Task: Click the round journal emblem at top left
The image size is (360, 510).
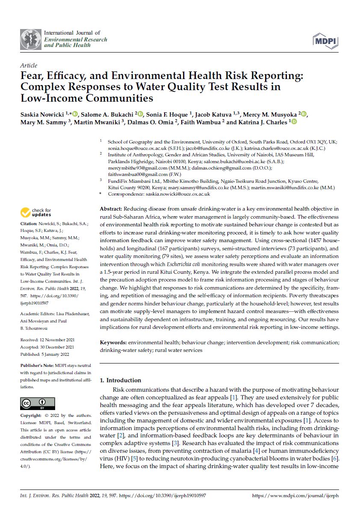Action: coord(31,39)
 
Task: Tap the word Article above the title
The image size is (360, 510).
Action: coord(28,65)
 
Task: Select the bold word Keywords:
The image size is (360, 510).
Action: coord(113,343)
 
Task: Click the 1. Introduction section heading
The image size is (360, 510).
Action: coord(120,380)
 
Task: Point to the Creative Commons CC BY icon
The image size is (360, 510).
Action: coord(38,404)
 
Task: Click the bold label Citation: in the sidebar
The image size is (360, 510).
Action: coord(28,224)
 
